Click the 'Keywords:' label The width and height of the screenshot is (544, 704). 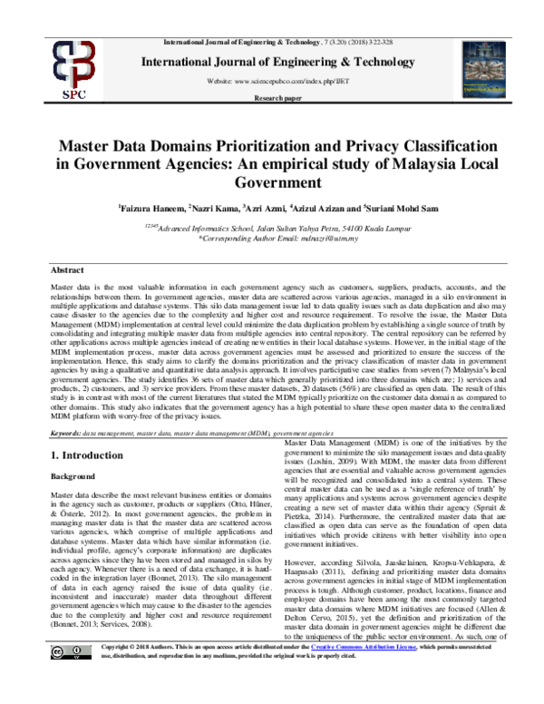pos(69,435)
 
